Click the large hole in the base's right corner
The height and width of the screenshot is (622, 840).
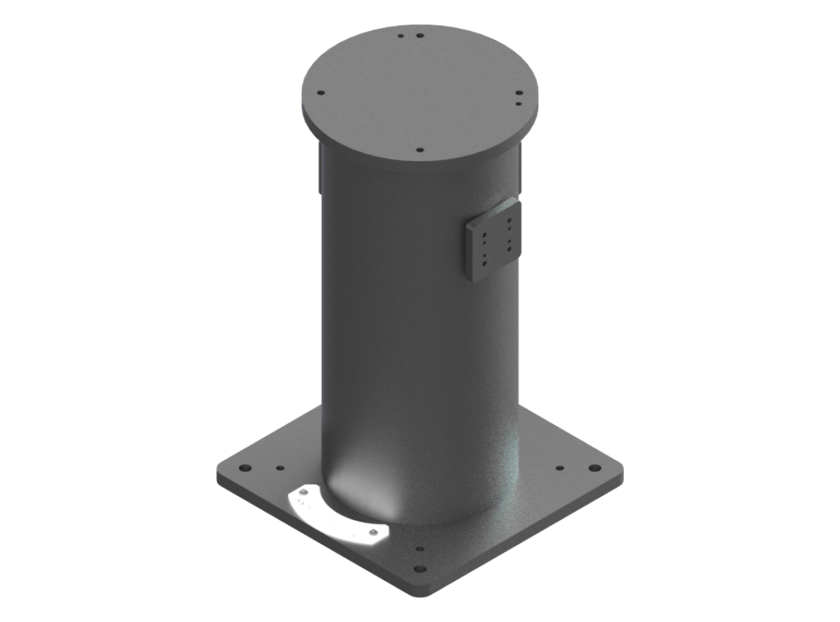click(595, 468)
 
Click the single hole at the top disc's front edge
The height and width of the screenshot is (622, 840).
click(418, 149)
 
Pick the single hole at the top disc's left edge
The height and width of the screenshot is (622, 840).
click(320, 93)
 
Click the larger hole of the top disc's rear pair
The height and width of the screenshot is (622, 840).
click(419, 36)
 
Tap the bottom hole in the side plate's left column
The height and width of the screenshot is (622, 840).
click(484, 261)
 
